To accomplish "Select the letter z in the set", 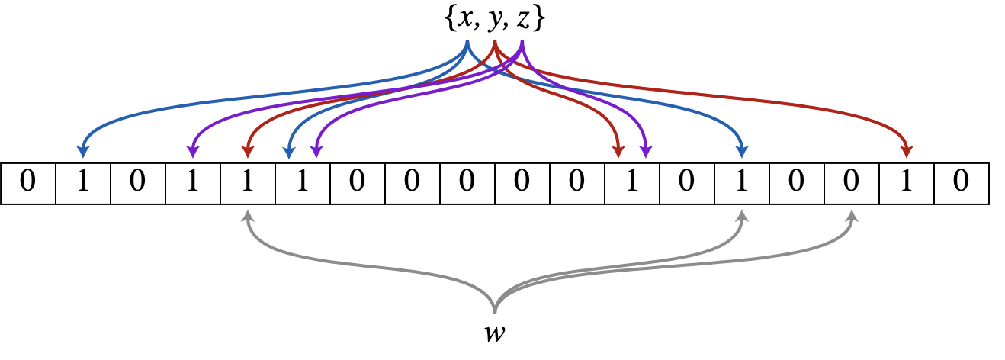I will click(x=522, y=21).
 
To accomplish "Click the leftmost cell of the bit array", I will click(x=28, y=184).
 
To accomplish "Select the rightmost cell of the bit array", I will click(x=962, y=184).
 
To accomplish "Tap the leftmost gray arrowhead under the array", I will click(x=247, y=216).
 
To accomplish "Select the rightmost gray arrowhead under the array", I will click(x=852, y=216).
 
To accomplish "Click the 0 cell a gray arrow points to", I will click(x=852, y=184).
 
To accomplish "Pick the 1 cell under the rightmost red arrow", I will click(x=907, y=184).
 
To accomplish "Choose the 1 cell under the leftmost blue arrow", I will click(x=83, y=184).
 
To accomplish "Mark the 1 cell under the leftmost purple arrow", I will click(x=193, y=184).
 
